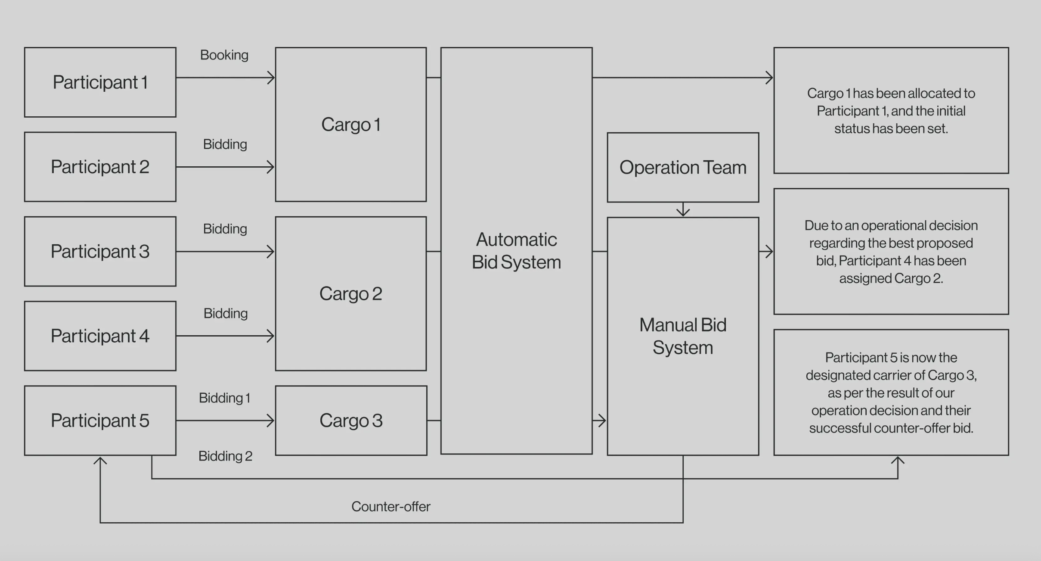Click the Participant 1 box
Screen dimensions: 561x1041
coord(100,82)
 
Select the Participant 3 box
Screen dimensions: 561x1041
coord(100,251)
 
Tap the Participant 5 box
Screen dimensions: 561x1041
coord(100,421)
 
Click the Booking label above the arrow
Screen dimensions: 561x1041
coord(224,55)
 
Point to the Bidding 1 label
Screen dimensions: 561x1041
coord(224,398)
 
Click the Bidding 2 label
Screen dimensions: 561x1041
coord(225,456)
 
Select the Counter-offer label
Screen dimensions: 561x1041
coord(390,506)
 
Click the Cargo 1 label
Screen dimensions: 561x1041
coord(351,125)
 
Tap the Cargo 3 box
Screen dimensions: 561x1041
coord(351,421)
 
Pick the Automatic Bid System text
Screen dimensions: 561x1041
coord(516,251)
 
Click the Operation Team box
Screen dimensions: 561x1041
coord(683,167)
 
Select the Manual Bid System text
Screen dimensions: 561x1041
coord(683,336)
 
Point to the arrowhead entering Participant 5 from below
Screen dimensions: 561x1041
coord(100,461)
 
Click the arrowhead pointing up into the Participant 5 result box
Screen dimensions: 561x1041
coord(898,461)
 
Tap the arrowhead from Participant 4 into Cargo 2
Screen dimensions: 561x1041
coord(271,336)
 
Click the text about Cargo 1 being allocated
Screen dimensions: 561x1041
coord(891,111)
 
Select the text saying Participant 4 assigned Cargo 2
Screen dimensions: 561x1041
coord(891,252)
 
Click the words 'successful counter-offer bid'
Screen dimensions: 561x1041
coord(891,428)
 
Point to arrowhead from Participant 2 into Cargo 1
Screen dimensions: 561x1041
coord(271,167)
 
